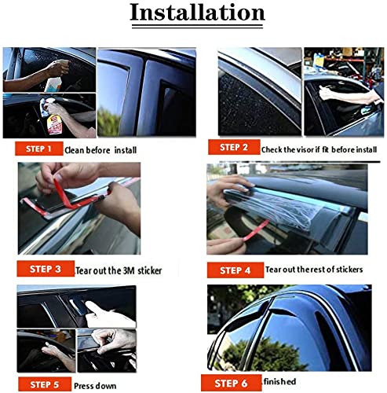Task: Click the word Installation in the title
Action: pos(196,13)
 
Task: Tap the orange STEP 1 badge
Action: pos(33,148)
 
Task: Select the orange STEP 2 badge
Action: pos(232,147)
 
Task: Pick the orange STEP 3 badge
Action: pos(46,268)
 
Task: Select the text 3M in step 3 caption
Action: pos(127,271)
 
